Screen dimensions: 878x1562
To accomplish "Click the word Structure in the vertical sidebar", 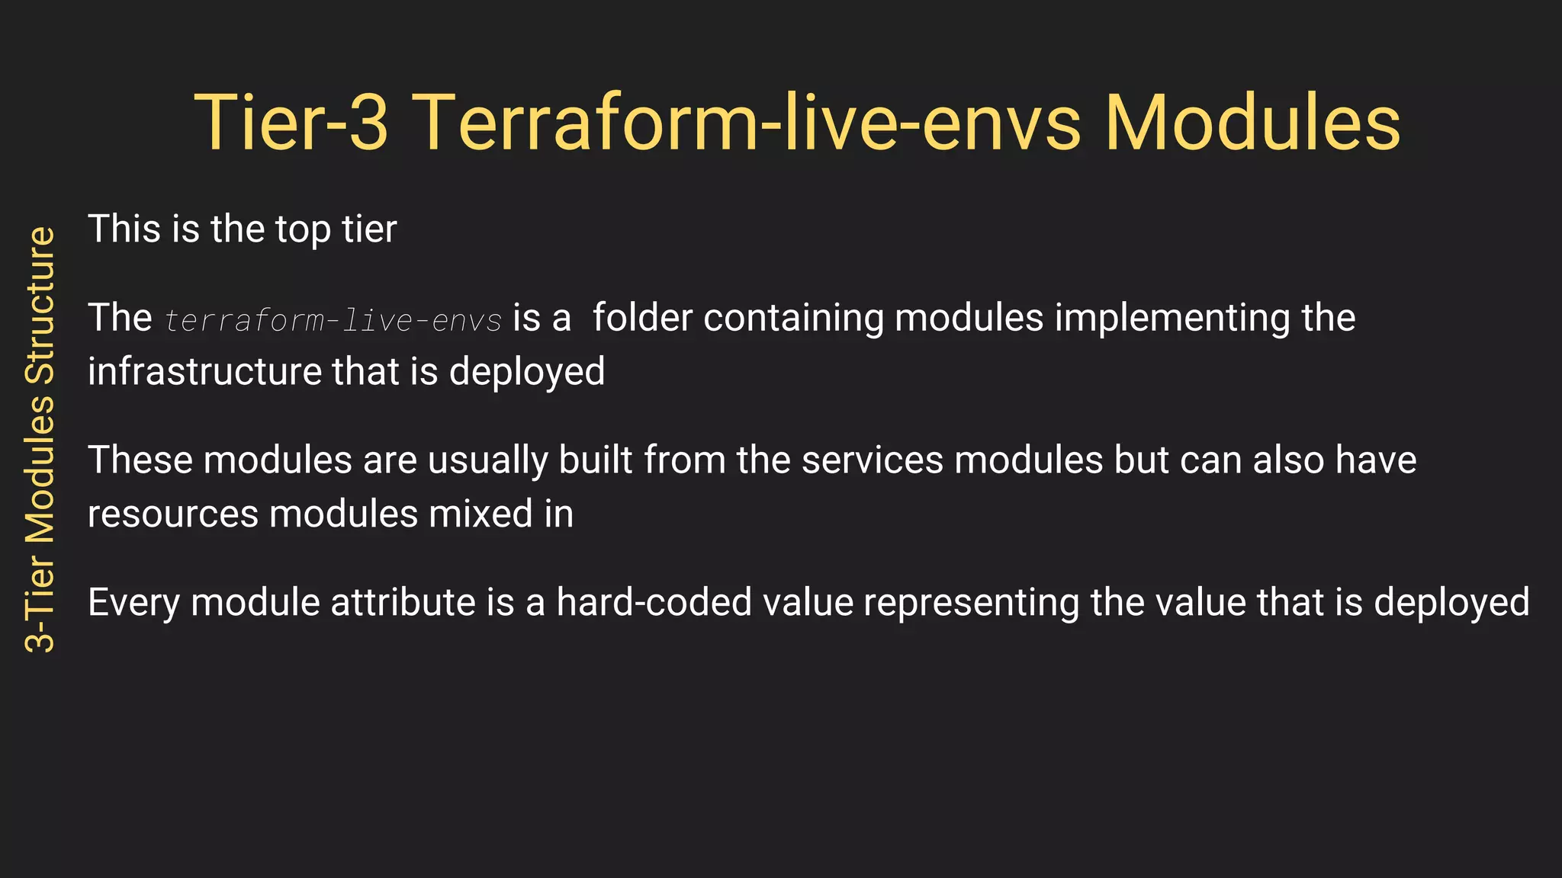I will click(40, 305).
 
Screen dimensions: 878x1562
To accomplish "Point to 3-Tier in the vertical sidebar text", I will click(40, 602).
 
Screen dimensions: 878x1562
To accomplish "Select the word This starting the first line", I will click(124, 229).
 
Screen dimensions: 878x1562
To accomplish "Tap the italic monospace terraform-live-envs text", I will click(333, 320).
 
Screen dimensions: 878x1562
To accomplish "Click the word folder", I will click(642, 318).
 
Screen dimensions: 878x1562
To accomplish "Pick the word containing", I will click(793, 319).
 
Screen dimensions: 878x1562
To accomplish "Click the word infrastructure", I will click(204, 371).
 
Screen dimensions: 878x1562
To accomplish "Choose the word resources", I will click(172, 514).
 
